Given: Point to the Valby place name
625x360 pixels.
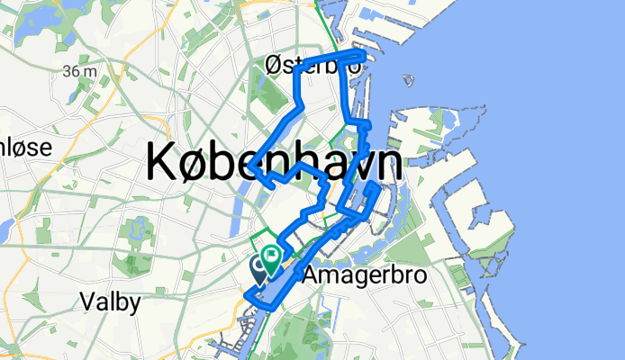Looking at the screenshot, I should [x=110, y=302].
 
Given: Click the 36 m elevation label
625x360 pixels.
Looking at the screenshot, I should [x=81, y=70].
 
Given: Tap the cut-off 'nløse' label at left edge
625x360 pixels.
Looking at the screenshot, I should [x=24, y=147].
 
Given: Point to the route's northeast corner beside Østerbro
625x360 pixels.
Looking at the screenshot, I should [x=364, y=56].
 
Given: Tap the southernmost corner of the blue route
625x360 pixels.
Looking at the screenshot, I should [x=247, y=298].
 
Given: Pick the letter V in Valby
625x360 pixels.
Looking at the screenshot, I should [x=86, y=302].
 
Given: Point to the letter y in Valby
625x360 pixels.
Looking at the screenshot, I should [x=134, y=305].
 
